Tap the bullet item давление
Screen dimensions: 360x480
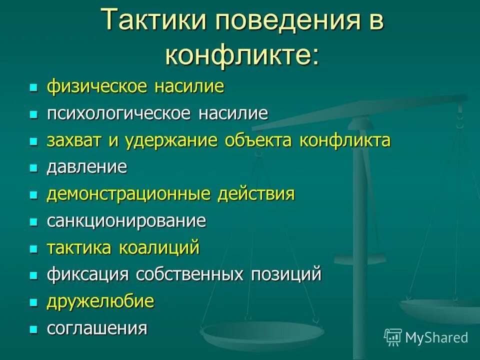tap(87, 167)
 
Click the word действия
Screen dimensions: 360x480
tap(256, 194)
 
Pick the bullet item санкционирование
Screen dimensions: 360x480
tap(126, 221)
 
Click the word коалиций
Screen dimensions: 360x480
tap(159, 248)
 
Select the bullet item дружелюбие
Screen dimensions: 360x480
tap(100, 301)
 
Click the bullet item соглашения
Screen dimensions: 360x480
tap(97, 328)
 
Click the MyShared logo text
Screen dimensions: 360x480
tap(436, 337)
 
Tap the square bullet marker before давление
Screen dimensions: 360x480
tap(33, 168)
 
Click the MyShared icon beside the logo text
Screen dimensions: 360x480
tap(393, 337)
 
